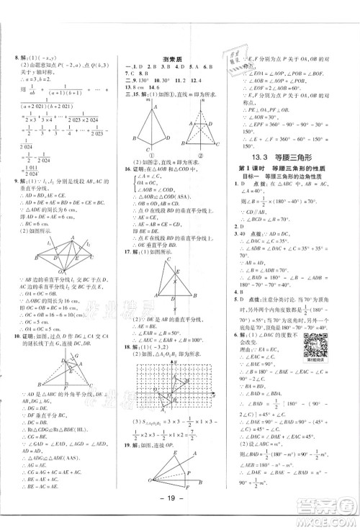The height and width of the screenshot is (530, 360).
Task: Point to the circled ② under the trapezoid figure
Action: (196, 153)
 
